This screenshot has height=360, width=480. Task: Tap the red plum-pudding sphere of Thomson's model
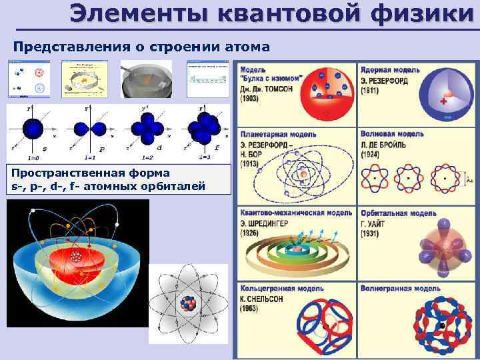(327, 95)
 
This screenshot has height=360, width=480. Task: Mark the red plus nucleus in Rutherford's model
(443, 102)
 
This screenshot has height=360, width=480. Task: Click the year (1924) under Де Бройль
(371, 154)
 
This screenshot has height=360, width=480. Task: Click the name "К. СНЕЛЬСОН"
(261, 299)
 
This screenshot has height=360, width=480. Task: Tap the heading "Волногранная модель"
(399, 289)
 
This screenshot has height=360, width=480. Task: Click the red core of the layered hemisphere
(77, 255)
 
